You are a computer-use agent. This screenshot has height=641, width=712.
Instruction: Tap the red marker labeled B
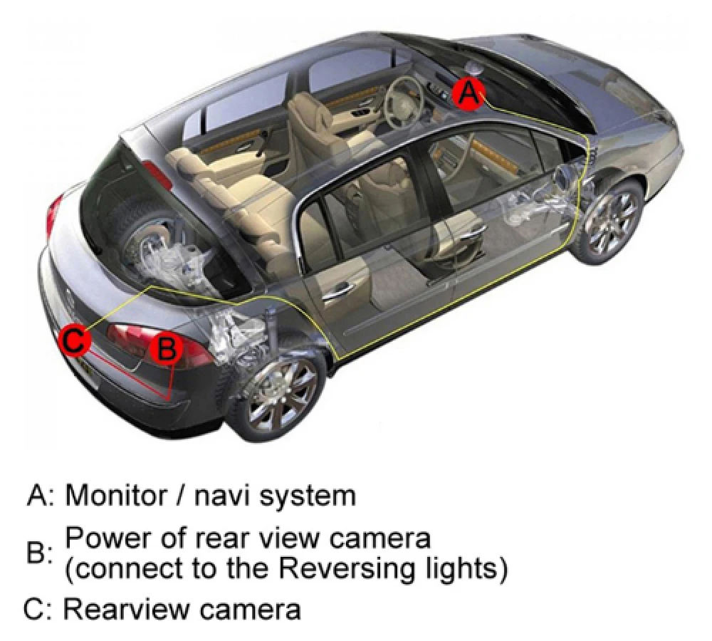point(166,349)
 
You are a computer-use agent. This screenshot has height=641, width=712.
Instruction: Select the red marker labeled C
point(75,340)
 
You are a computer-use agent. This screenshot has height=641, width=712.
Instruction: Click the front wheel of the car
point(608,221)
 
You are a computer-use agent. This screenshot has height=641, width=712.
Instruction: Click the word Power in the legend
point(102,537)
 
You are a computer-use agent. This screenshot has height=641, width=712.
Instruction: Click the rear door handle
point(337,290)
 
